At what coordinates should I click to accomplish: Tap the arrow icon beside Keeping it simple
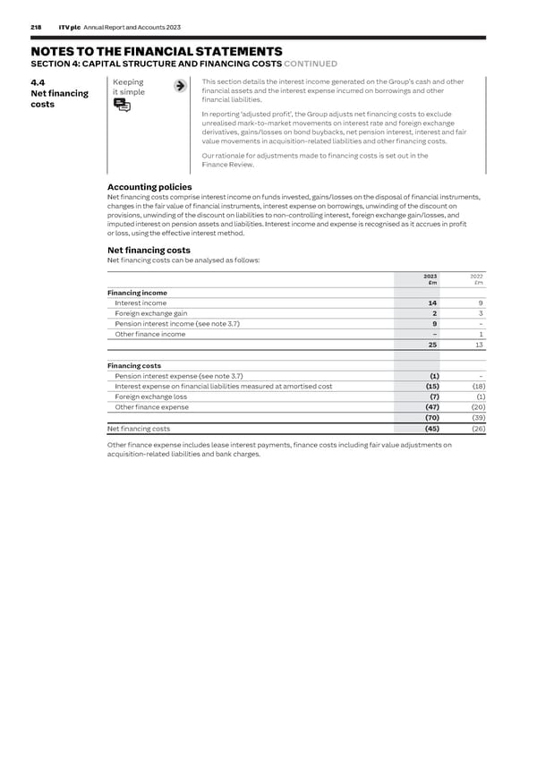point(180,86)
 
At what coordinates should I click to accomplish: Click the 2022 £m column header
point(476,279)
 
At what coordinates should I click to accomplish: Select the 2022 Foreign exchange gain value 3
point(481,313)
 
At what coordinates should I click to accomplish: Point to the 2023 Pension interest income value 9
point(434,324)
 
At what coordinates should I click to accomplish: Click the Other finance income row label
point(150,334)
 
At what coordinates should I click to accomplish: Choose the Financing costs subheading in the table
point(134,365)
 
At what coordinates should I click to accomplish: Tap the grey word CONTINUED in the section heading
point(311,64)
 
